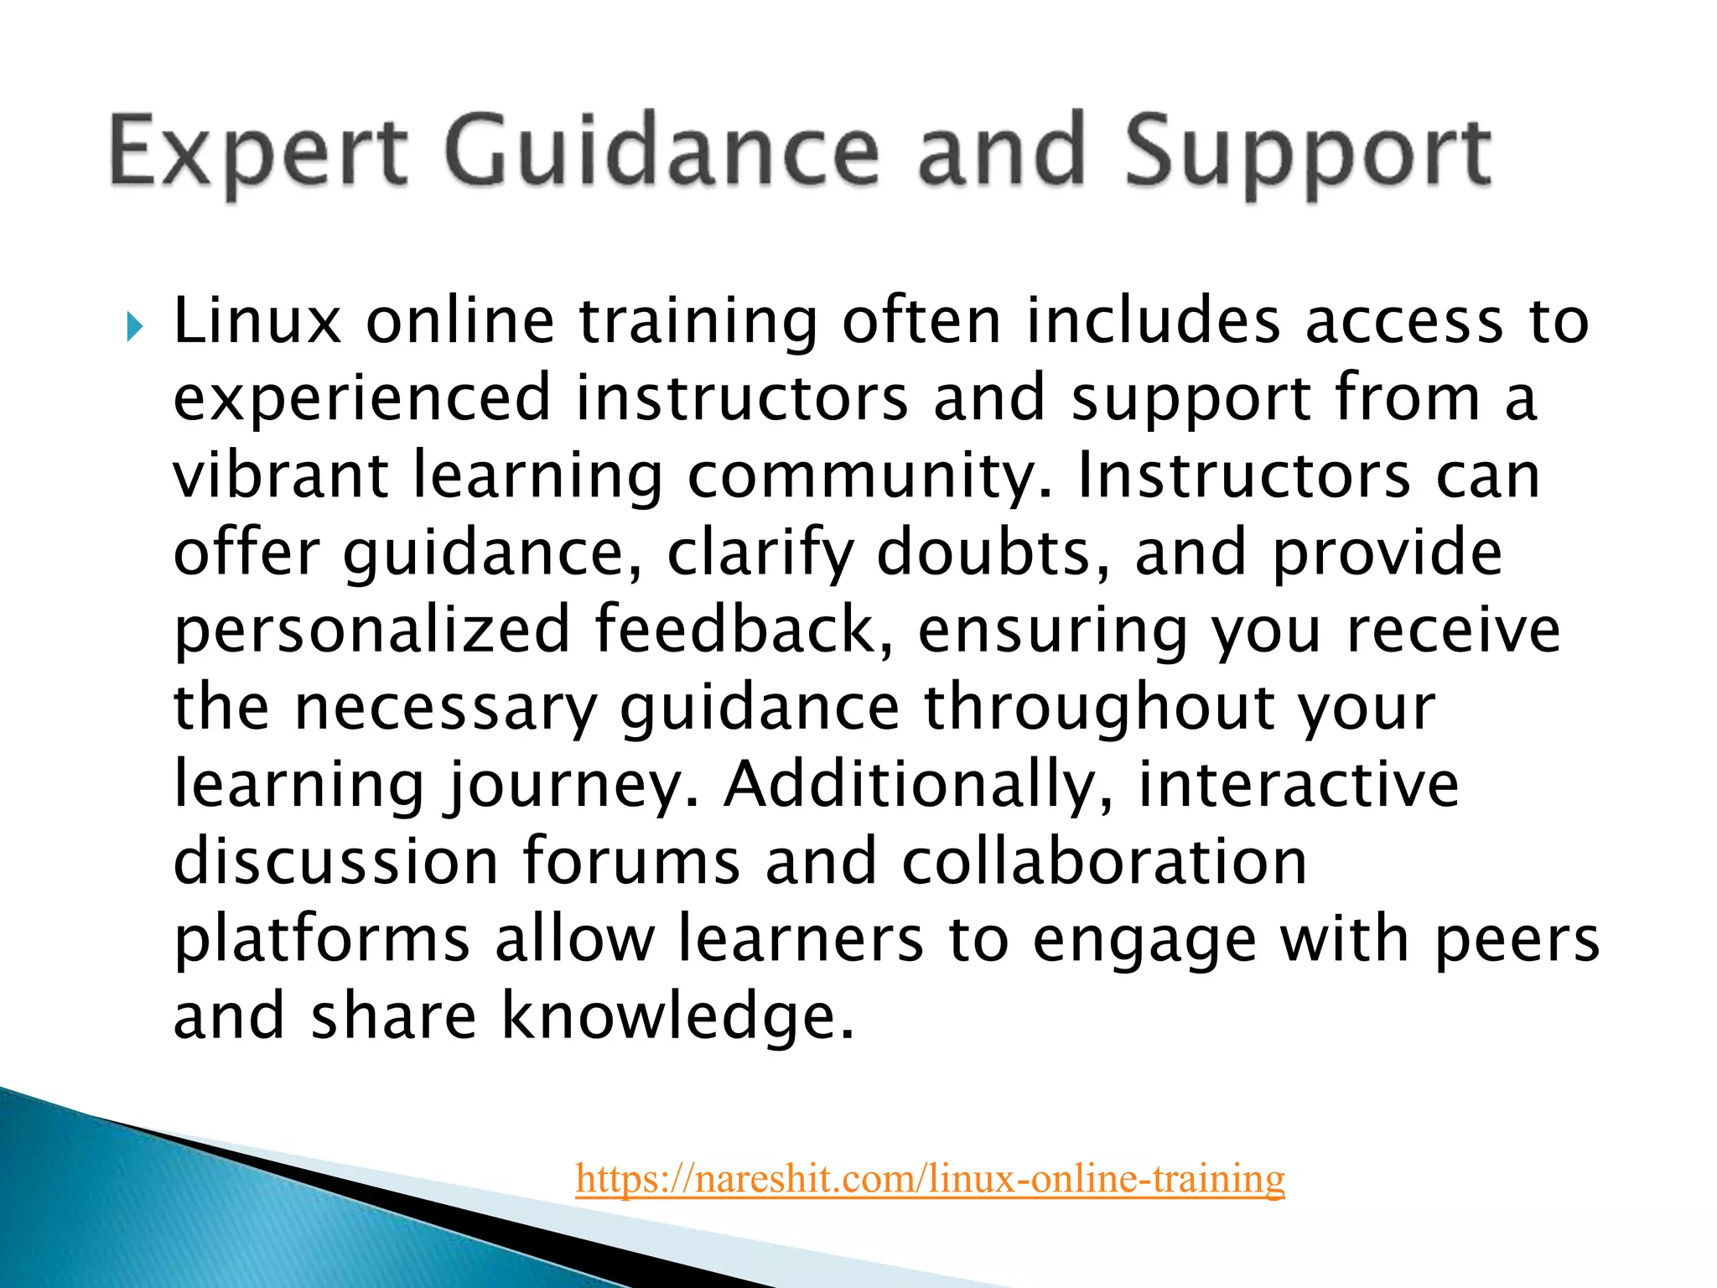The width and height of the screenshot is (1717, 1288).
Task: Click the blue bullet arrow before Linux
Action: point(135,326)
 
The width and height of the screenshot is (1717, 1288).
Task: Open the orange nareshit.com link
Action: point(930,1178)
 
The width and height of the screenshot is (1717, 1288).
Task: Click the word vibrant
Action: point(280,475)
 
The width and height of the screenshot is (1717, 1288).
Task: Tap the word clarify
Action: point(759,553)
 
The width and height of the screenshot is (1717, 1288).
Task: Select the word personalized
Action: point(371,631)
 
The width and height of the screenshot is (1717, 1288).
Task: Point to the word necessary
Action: point(445,708)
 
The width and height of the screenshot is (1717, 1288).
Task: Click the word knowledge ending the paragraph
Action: point(677,1015)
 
